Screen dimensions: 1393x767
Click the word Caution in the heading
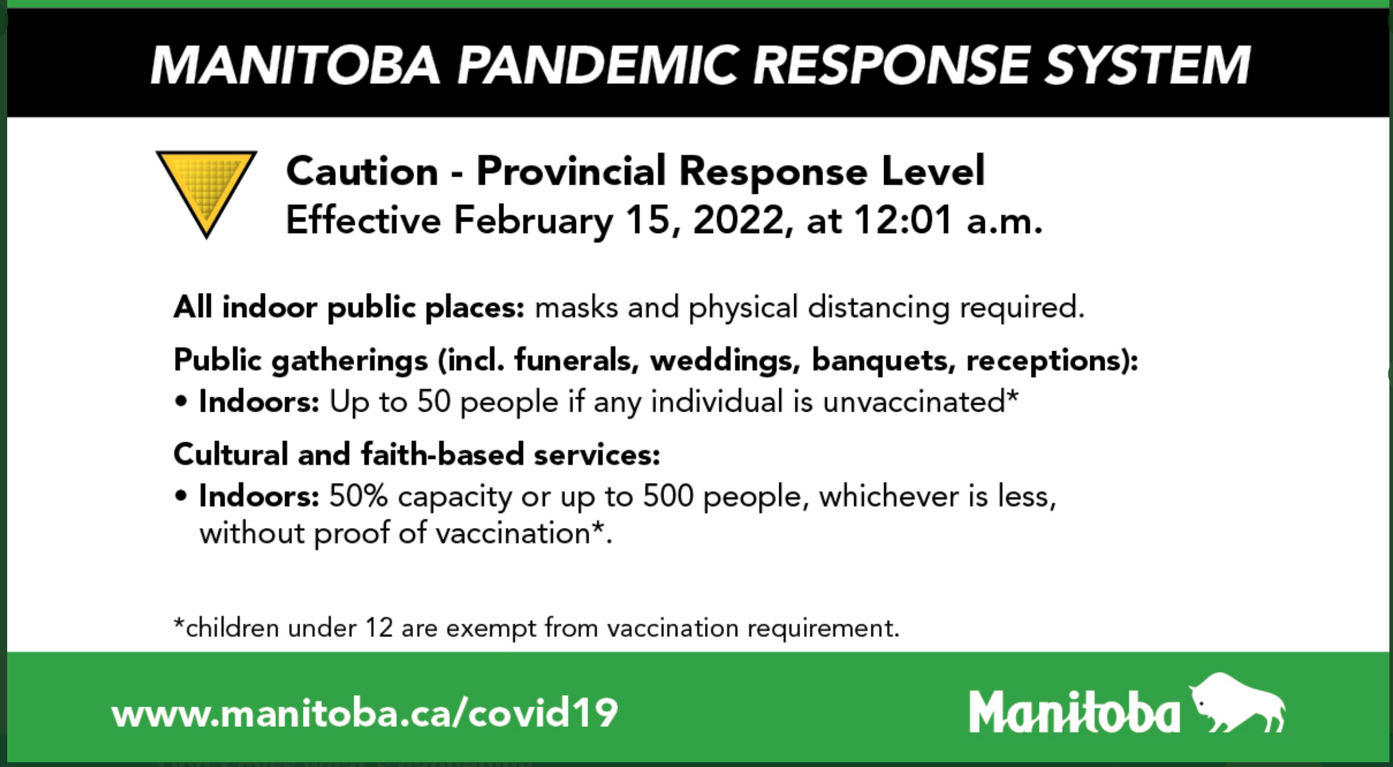(362, 171)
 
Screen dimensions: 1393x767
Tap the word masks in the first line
(577, 307)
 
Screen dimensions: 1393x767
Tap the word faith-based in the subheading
(442, 454)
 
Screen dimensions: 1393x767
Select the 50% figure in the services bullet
(358, 496)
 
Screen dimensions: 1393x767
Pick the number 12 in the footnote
(379, 628)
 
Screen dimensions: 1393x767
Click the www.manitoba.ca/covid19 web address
(364, 712)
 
